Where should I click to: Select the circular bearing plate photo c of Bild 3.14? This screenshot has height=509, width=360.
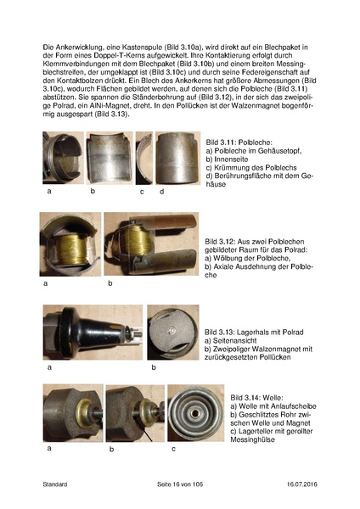(x=194, y=412)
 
